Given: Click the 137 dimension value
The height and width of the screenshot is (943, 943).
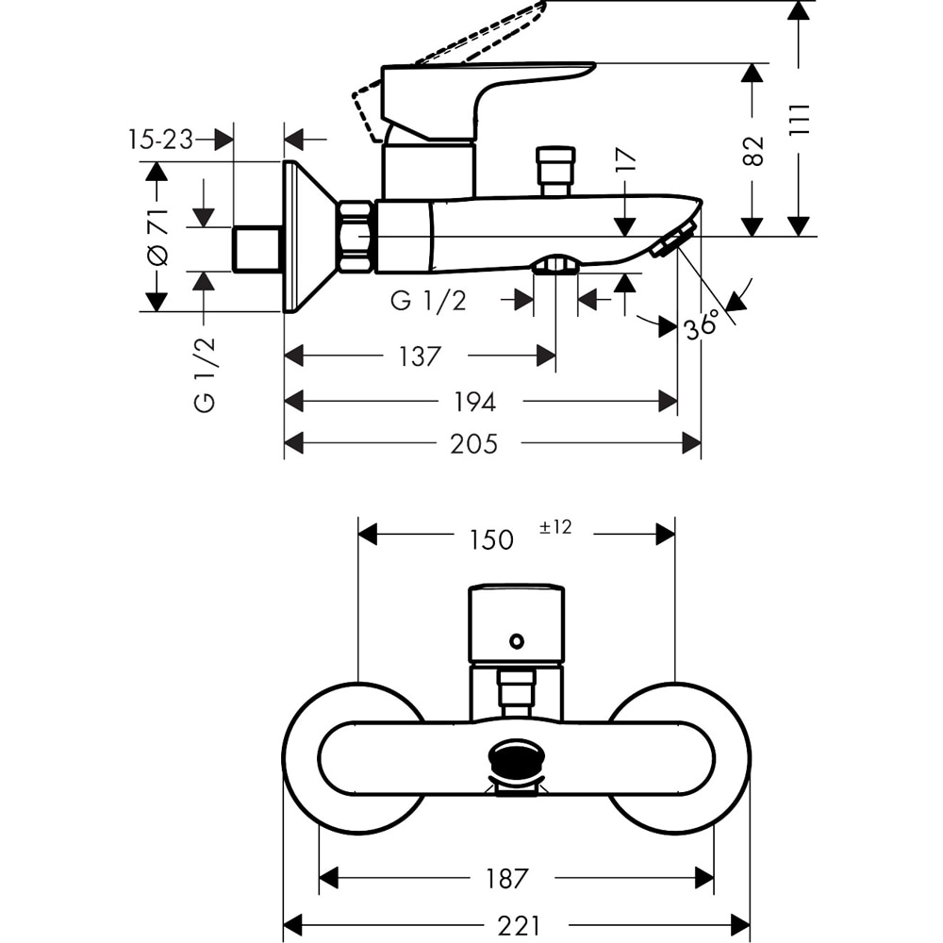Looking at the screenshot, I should click(x=420, y=356).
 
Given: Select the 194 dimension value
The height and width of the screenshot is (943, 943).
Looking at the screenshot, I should click(x=474, y=402).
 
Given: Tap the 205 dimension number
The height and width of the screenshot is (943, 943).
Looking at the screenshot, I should click(x=473, y=443).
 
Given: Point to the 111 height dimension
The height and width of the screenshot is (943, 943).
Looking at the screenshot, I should click(x=800, y=120).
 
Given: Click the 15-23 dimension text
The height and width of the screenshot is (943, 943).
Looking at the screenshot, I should click(x=160, y=141).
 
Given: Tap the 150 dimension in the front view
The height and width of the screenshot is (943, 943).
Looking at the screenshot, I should click(x=491, y=539).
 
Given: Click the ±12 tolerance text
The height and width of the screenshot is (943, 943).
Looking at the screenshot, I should click(x=555, y=527).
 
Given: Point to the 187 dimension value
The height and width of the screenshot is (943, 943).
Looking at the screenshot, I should click(x=507, y=879).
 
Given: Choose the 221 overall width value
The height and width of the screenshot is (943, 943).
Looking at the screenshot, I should click(x=517, y=926).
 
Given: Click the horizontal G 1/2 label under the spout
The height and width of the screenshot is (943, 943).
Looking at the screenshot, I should click(x=429, y=301).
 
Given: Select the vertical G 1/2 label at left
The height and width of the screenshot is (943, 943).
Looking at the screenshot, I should click(x=205, y=374).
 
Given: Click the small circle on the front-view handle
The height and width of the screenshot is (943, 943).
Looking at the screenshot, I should click(x=516, y=641).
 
